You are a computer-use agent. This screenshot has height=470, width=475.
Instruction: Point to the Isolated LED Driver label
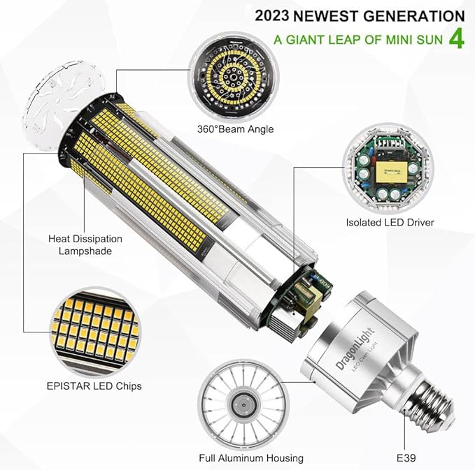pyautogui.click(x=390, y=222)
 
